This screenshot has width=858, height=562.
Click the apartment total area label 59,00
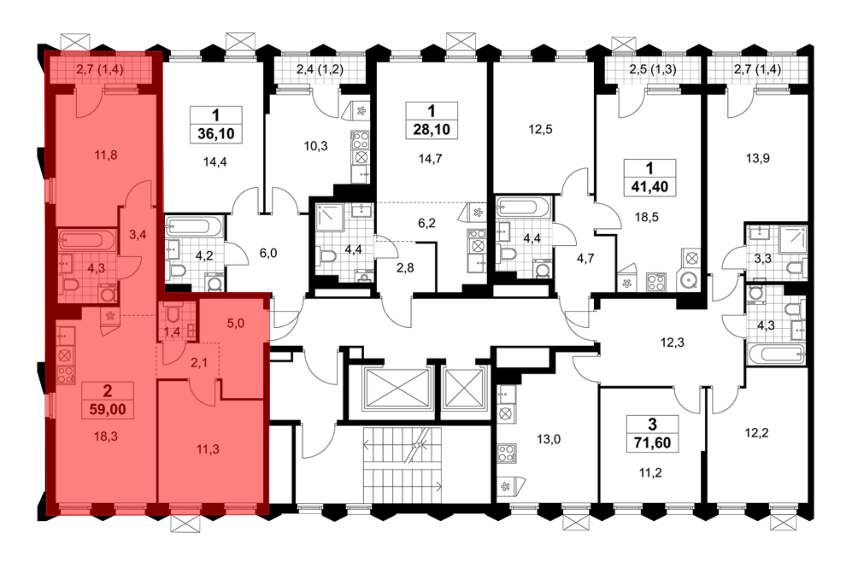(x=107, y=409)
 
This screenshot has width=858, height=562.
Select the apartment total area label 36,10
(x=216, y=134)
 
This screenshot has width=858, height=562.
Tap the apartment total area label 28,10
(x=432, y=130)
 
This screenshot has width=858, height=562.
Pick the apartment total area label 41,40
(x=650, y=187)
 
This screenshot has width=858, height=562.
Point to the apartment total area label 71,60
(x=652, y=443)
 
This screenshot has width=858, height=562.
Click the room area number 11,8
(x=106, y=155)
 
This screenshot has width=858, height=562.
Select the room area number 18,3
(x=106, y=436)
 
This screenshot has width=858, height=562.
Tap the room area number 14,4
(x=215, y=162)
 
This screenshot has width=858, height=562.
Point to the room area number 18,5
(x=647, y=217)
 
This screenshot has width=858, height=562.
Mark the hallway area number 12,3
(x=672, y=342)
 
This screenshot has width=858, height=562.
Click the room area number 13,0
(x=549, y=439)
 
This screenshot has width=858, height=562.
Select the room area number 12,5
(x=540, y=129)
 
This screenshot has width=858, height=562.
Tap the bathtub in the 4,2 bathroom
(x=193, y=226)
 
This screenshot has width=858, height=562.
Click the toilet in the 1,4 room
(x=173, y=314)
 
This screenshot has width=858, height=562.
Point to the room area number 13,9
(x=758, y=158)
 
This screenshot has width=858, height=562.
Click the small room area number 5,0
(x=236, y=323)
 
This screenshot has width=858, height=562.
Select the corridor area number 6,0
(x=268, y=253)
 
